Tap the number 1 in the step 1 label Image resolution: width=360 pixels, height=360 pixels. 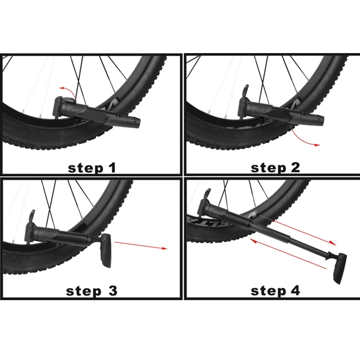point(111,168)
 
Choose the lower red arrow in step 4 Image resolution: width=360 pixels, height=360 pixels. point(288,254)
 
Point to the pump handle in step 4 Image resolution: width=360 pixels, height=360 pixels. point(339,268)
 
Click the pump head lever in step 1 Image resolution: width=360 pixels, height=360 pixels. point(60,102)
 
